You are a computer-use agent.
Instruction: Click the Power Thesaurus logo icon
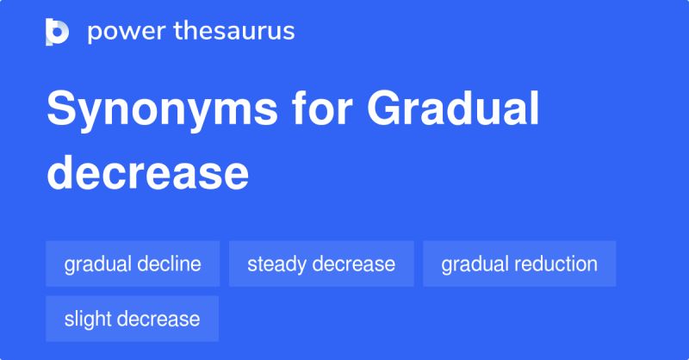pyautogui.click(x=57, y=32)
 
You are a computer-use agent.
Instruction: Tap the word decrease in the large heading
pyautogui.click(x=147, y=171)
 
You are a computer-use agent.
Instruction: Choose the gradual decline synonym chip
pyautogui.click(x=133, y=264)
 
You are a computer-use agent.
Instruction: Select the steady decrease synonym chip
pyautogui.click(x=321, y=264)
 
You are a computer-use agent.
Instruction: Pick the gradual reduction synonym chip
pyautogui.click(x=519, y=264)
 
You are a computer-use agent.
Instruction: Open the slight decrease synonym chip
pyautogui.click(x=132, y=319)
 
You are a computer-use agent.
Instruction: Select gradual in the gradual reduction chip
pyautogui.click(x=475, y=264)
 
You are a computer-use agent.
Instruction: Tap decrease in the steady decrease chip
pyautogui.click(x=354, y=264)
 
